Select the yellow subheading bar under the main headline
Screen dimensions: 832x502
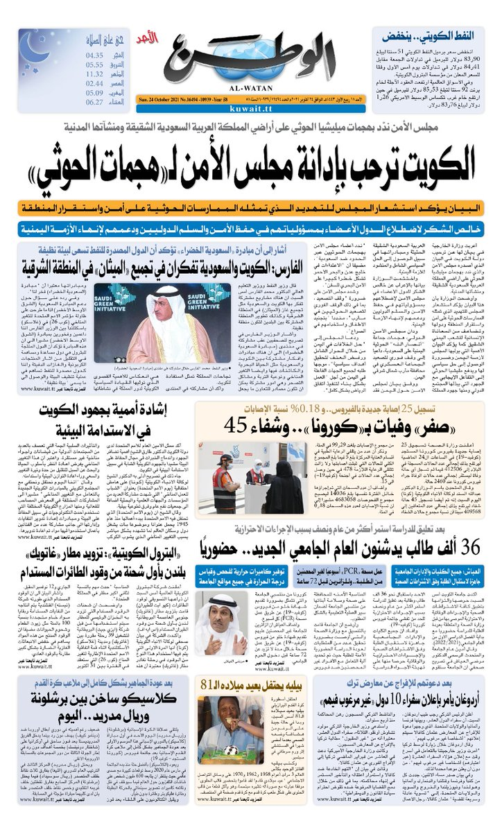251,209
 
